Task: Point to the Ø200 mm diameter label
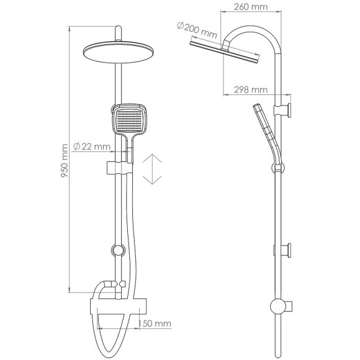coord(196,27)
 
